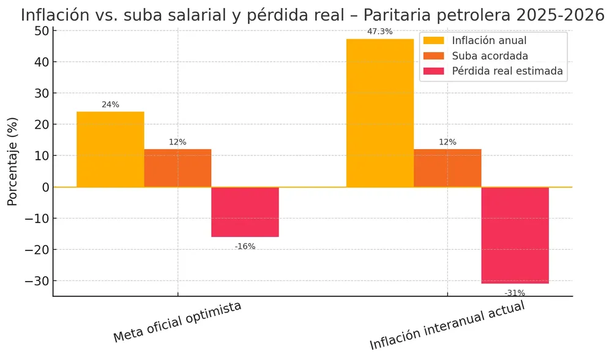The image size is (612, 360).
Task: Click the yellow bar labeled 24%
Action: click(110, 149)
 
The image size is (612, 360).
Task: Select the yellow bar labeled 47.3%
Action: click(380, 113)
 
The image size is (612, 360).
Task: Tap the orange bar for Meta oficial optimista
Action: click(177, 168)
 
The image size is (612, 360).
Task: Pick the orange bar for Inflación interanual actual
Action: click(447, 168)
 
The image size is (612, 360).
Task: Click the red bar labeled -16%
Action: click(245, 212)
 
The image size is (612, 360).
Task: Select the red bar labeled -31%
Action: click(515, 235)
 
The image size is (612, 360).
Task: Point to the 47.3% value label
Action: click(380, 31)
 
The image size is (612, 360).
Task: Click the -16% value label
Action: click(245, 246)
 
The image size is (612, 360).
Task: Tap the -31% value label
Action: click(515, 293)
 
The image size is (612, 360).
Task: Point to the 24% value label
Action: click(110, 105)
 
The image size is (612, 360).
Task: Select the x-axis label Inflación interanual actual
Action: click(447, 325)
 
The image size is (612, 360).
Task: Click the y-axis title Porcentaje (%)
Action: click(12, 160)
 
